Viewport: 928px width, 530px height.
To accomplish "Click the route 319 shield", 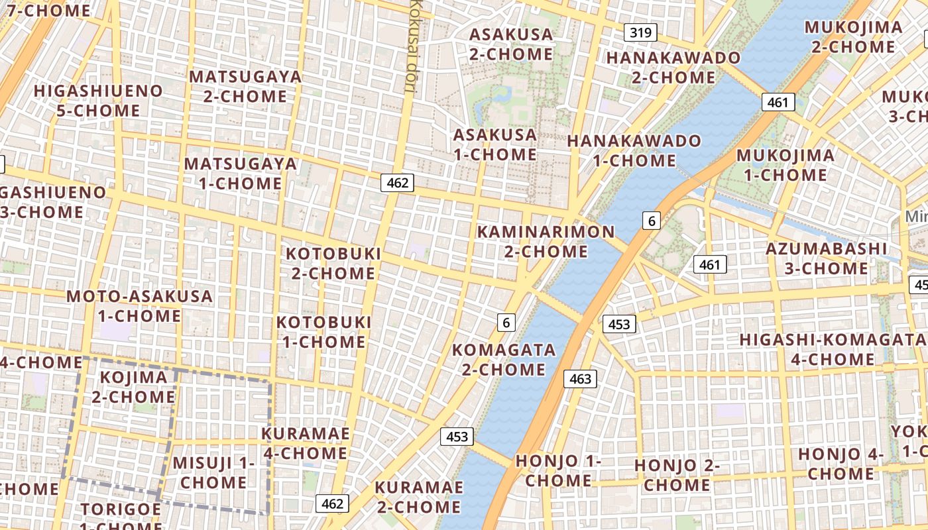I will tap(640, 32).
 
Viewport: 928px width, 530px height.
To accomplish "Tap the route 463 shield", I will tap(580, 379).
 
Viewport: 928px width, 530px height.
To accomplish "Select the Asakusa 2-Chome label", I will tap(511, 44).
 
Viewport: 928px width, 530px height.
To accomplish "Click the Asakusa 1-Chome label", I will tap(494, 144).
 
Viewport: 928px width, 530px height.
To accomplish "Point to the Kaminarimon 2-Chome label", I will tap(546, 241).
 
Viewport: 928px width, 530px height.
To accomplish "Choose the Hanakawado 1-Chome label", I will tap(634, 150).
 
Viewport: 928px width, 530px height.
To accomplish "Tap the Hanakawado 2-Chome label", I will tap(673, 67).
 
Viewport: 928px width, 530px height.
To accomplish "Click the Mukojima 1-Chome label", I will tap(785, 165).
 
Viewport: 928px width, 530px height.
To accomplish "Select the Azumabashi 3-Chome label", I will tap(826, 258).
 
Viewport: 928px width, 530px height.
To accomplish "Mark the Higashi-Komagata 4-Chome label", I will tap(833, 349).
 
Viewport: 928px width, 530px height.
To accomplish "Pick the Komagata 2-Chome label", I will tap(504, 359).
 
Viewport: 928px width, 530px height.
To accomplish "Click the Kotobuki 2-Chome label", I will tap(333, 263).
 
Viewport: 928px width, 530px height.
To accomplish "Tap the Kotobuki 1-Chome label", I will tap(323, 332).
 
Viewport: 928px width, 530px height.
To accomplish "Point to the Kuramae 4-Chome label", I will tap(305, 443).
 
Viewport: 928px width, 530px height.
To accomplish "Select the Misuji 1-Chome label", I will tap(213, 472).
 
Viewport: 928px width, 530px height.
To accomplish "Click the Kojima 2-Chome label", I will tap(133, 387).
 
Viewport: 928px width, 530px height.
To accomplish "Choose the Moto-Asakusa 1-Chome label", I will tap(139, 305).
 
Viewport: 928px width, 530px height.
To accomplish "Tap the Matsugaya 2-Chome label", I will tap(245, 86).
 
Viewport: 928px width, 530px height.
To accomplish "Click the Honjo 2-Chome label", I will tap(677, 474).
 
